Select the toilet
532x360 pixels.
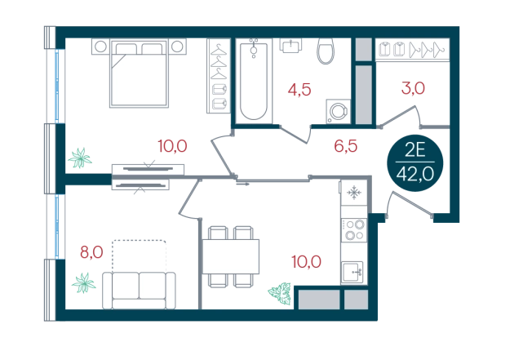coord(326,51)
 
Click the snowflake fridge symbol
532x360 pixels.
coord(355,193)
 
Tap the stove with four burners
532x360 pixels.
coord(355,231)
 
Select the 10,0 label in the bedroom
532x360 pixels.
coord(173,147)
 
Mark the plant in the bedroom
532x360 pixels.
coord(80,158)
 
